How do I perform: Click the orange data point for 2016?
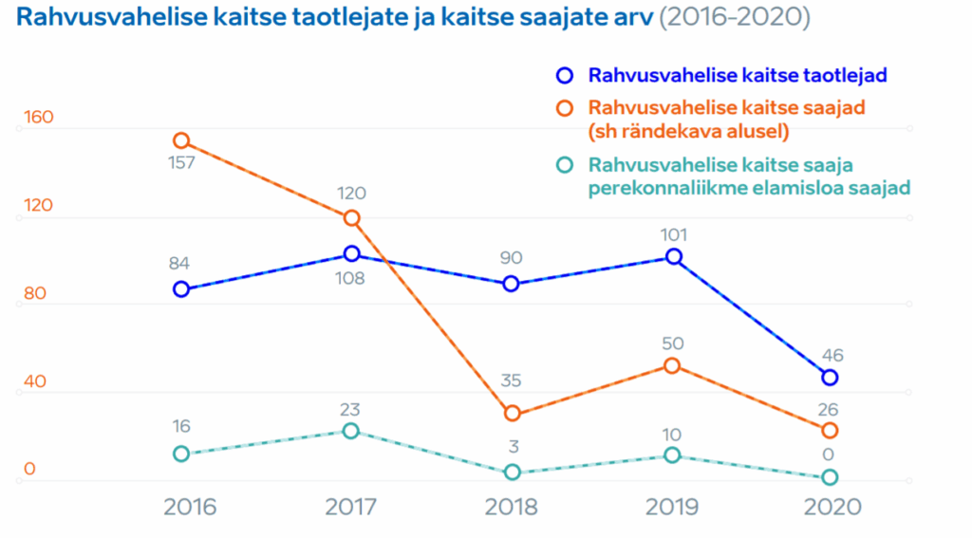click(180, 140)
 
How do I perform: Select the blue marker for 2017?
click(351, 253)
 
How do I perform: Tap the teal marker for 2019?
click(672, 455)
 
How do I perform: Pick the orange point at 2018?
click(512, 413)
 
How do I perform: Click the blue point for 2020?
click(830, 377)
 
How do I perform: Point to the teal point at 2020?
click(830, 476)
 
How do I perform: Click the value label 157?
click(180, 162)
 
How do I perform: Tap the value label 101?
click(672, 234)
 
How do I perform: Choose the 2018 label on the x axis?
click(512, 506)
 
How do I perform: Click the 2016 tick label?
click(190, 506)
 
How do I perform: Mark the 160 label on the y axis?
click(38, 118)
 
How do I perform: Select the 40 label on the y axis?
click(34, 380)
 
